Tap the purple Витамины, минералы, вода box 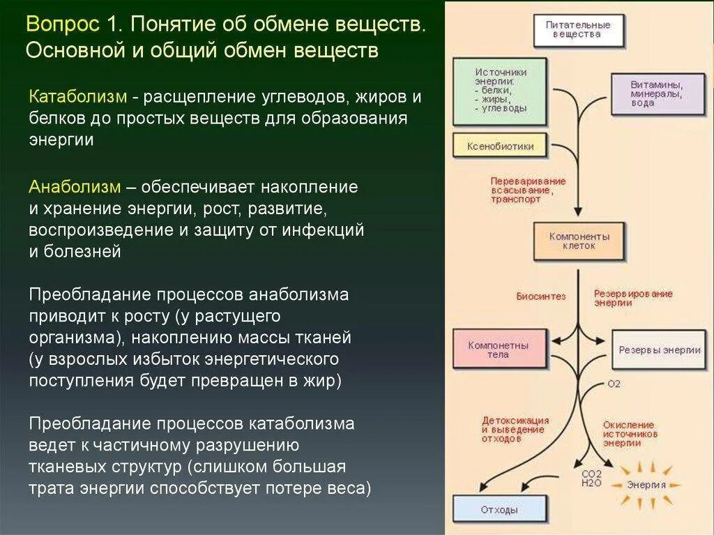click(x=657, y=93)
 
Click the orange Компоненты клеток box click(x=579, y=241)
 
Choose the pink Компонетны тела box click(x=498, y=349)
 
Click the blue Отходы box click(x=499, y=510)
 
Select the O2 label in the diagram click(x=614, y=384)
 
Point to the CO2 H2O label click(x=591, y=479)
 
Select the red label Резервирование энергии click(x=633, y=298)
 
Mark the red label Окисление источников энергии click(x=630, y=433)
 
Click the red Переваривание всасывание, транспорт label click(x=528, y=189)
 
